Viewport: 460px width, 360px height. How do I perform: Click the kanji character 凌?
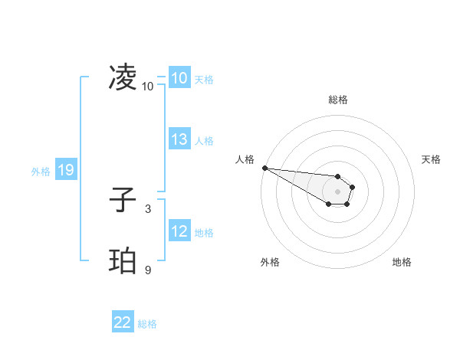pyautogui.click(x=123, y=77)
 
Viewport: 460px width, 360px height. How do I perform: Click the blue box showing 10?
pyautogui.click(x=179, y=78)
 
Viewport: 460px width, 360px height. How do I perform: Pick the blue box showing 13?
pyautogui.click(x=179, y=140)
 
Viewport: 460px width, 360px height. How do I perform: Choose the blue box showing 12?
pyautogui.click(x=179, y=231)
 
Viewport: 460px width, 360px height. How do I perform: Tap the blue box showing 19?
pyautogui.click(x=65, y=171)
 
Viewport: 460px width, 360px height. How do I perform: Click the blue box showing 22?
pyautogui.click(x=123, y=323)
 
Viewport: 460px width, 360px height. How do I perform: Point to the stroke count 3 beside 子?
pyautogui.click(x=147, y=208)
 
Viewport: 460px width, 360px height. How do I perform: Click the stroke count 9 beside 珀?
pyautogui.click(x=147, y=269)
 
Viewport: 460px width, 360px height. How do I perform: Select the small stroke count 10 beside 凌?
pyautogui.click(x=147, y=86)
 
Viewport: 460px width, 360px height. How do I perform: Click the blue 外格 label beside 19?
pyautogui.click(x=41, y=172)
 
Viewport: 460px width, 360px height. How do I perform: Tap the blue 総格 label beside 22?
pyautogui.click(x=147, y=324)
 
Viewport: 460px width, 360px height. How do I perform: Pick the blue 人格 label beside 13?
pyautogui.click(x=204, y=141)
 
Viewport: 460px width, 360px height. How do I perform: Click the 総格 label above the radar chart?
pyautogui.click(x=338, y=100)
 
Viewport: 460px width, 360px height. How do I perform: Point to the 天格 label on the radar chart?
pyautogui.click(x=432, y=159)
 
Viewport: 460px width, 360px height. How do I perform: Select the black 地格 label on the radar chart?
pyautogui.click(x=402, y=262)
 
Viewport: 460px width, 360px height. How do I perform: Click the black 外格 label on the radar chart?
pyautogui.click(x=270, y=262)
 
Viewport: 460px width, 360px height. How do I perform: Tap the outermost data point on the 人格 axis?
pyautogui.click(x=264, y=168)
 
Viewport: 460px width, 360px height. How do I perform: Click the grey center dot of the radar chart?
pyautogui.click(x=337, y=191)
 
